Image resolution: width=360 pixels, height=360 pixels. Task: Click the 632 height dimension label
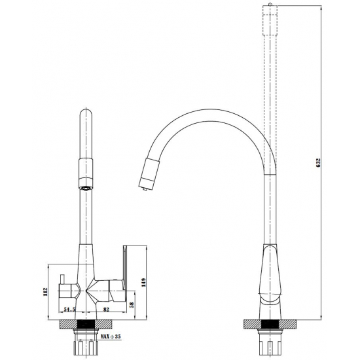(318, 162)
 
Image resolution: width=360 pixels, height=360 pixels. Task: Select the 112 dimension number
(45, 292)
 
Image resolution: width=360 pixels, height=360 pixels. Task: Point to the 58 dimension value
(132, 304)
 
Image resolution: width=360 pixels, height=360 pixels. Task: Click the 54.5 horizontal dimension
(69, 310)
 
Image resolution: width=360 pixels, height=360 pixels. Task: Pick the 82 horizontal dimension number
(106, 310)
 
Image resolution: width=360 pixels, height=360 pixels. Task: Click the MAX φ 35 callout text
(111, 337)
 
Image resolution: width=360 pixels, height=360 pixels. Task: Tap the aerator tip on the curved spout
(145, 189)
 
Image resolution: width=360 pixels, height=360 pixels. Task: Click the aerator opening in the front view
(86, 189)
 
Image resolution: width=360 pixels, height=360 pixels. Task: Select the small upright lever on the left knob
(62, 279)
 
